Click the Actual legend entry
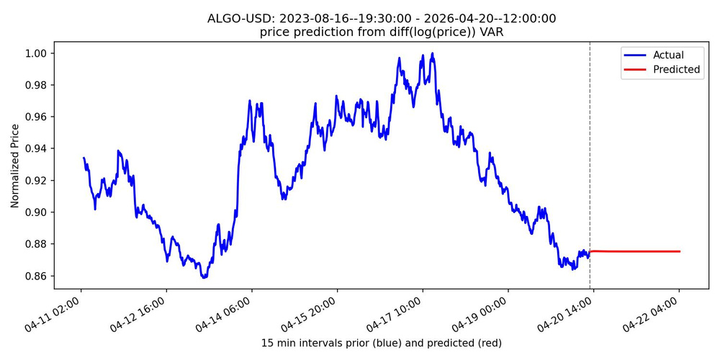(668, 55)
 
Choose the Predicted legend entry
(676, 70)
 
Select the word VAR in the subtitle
(490, 32)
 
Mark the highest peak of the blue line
(432, 53)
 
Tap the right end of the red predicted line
(680, 251)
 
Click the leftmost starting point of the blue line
(84, 158)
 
